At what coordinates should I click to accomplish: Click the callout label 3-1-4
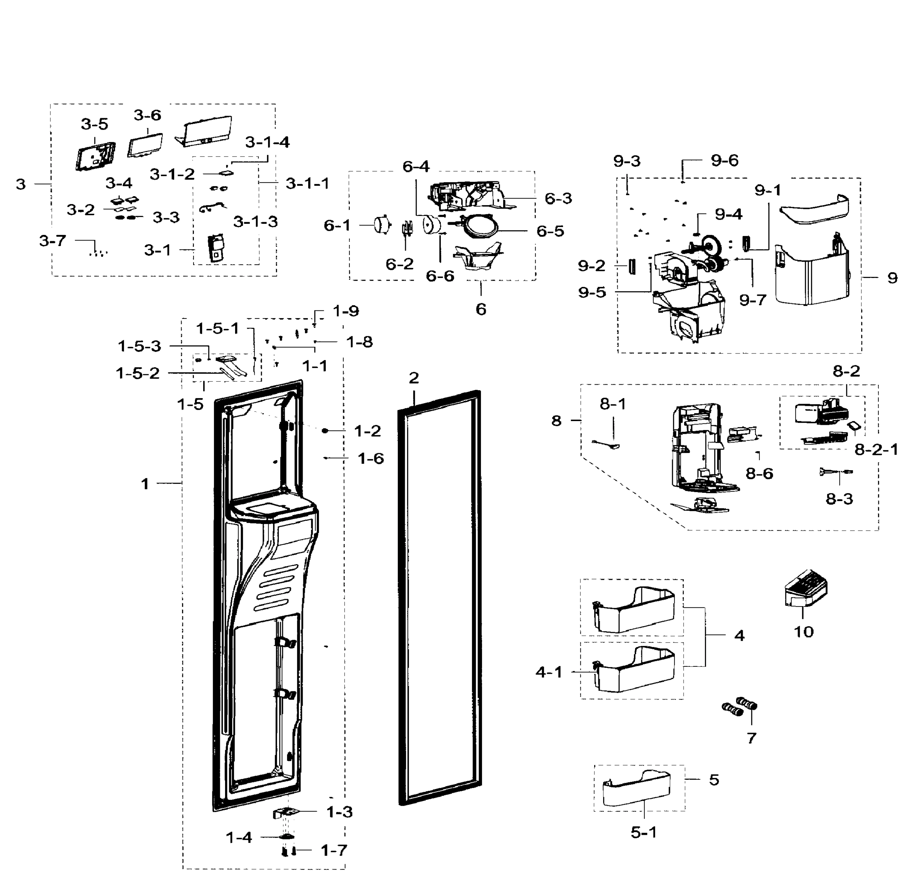(267, 142)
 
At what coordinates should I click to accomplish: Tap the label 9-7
(753, 300)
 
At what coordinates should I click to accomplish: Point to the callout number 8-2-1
(876, 450)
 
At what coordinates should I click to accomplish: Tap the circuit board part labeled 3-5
(95, 156)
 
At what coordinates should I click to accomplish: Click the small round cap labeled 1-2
(325, 430)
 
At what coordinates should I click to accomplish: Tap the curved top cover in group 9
(814, 209)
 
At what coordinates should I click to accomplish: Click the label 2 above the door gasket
(413, 378)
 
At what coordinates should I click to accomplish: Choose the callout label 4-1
(549, 672)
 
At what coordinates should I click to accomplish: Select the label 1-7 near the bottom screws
(334, 850)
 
